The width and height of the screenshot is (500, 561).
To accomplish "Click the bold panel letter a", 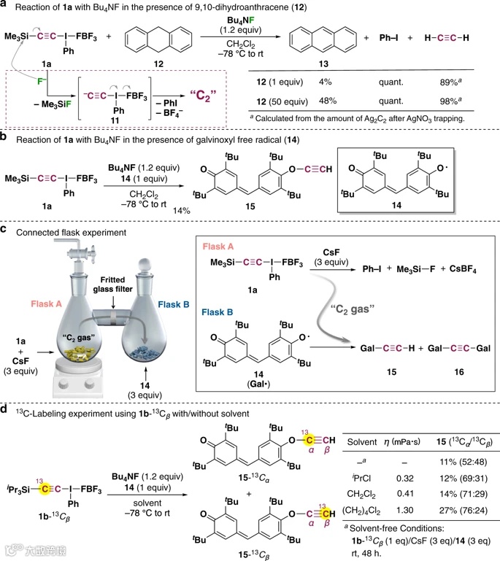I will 6,7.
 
